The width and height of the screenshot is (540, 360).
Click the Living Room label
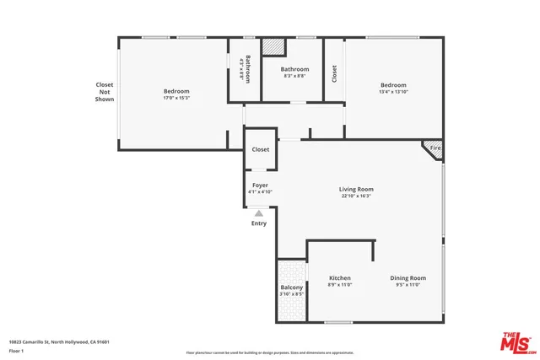[x=356, y=190]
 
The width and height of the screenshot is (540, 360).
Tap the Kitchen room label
[x=339, y=278]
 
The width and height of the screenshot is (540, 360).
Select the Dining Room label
[x=408, y=278]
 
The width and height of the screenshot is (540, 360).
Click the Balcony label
[x=291, y=288]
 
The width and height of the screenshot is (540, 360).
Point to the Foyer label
[x=260, y=185]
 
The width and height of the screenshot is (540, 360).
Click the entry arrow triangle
[x=259, y=213]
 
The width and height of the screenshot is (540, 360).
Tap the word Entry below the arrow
[x=259, y=223]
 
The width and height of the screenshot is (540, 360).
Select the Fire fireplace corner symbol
[x=435, y=148]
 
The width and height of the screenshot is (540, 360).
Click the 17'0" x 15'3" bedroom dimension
[x=176, y=98]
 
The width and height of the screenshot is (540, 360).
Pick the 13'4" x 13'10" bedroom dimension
[x=393, y=92]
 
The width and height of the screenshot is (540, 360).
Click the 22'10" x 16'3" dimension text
[x=356, y=197]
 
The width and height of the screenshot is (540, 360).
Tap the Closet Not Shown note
[x=104, y=92]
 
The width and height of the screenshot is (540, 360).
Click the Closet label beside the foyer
[x=261, y=149]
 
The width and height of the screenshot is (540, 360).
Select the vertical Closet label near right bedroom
[x=335, y=74]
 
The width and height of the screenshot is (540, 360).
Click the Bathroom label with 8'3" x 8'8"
[x=294, y=69]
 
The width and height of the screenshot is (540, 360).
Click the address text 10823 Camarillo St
[x=59, y=341]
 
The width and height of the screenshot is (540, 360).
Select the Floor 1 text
[x=16, y=351]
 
